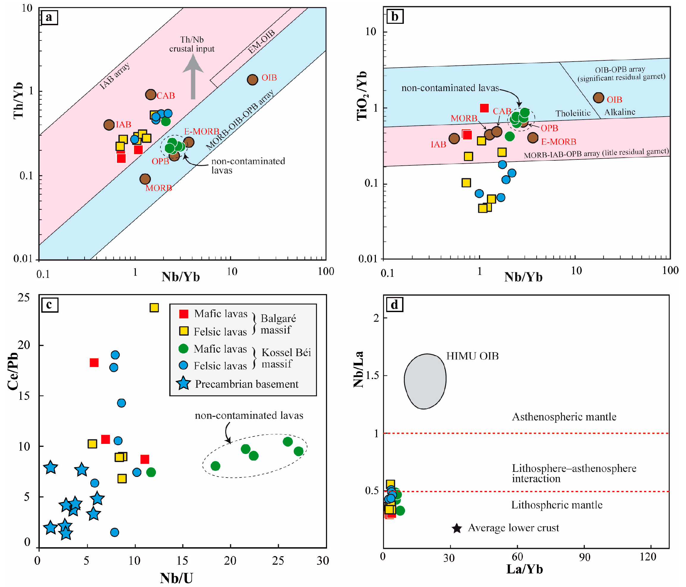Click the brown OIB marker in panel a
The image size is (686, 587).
pyautogui.click(x=253, y=79)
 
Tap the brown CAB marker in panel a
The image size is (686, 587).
pyautogui.click(x=151, y=95)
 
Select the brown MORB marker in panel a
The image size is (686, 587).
pyautogui.click(x=145, y=179)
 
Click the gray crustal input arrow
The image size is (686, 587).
pyautogui.click(x=193, y=78)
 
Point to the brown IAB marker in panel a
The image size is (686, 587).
pyautogui.click(x=109, y=125)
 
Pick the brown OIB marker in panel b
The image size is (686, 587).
pyautogui.click(x=598, y=98)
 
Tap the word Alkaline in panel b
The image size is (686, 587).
pyautogui.click(x=620, y=112)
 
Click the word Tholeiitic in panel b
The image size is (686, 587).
pyautogui.click(x=573, y=113)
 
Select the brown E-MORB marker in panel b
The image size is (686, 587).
pyautogui.click(x=533, y=138)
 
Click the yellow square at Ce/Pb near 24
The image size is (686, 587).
pyautogui.click(x=154, y=308)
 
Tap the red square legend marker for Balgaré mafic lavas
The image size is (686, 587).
pyautogui.click(x=184, y=314)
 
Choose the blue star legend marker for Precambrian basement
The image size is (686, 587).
pyautogui.click(x=183, y=383)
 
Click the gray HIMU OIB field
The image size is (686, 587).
pyautogui.click(x=425, y=381)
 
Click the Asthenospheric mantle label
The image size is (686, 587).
pyautogui.click(x=564, y=417)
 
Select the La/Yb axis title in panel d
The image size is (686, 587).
pyautogui.click(x=524, y=569)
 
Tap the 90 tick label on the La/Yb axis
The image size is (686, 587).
pyautogui.click(x=585, y=557)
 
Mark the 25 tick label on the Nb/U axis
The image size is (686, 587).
pyautogui.click(x=278, y=561)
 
